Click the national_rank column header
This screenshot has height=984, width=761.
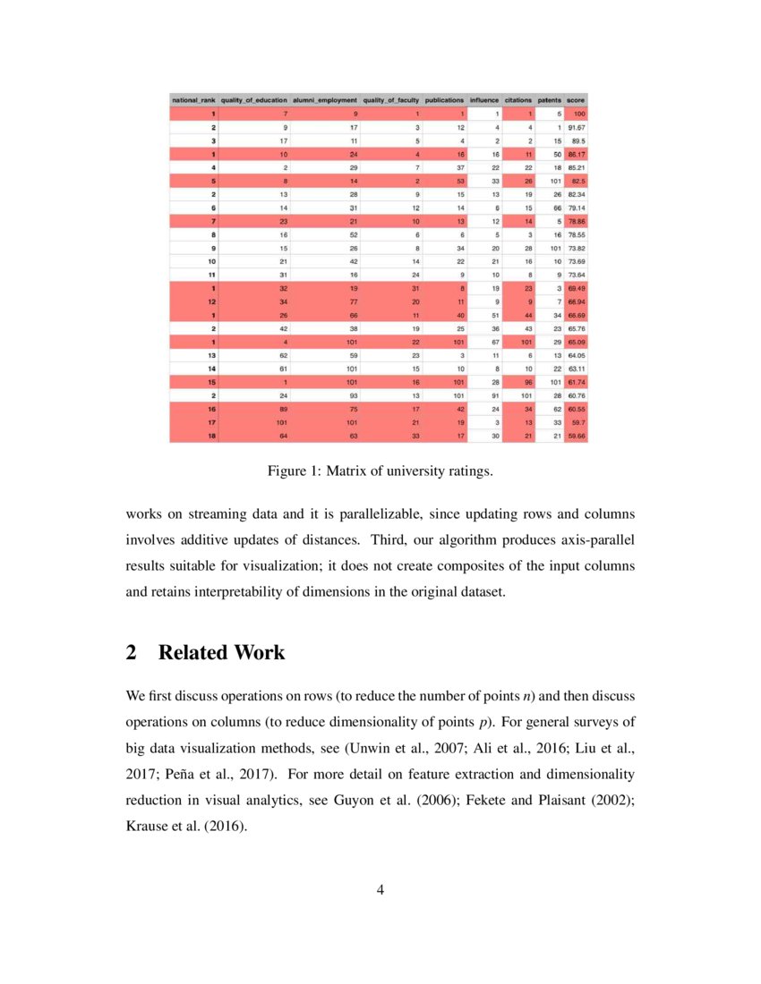click(193, 101)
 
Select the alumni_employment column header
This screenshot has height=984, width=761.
click(325, 101)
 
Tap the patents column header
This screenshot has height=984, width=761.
click(549, 101)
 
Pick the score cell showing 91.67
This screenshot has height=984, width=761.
click(576, 128)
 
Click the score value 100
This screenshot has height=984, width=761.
click(578, 115)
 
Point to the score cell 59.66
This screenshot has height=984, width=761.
click(576, 436)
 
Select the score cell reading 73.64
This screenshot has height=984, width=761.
click(576, 276)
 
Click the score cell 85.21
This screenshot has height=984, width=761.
click(576, 168)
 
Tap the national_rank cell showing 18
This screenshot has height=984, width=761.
click(211, 436)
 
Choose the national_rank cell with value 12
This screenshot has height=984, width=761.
click(211, 302)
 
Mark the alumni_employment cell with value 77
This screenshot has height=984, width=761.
click(353, 302)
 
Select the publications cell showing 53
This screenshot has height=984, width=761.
click(459, 182)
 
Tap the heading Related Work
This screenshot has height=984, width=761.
click(221, 652)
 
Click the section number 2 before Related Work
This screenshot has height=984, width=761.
click(132, 652)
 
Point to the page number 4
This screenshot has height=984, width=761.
click(380, 889)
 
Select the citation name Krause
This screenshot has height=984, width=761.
click(147, 827)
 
